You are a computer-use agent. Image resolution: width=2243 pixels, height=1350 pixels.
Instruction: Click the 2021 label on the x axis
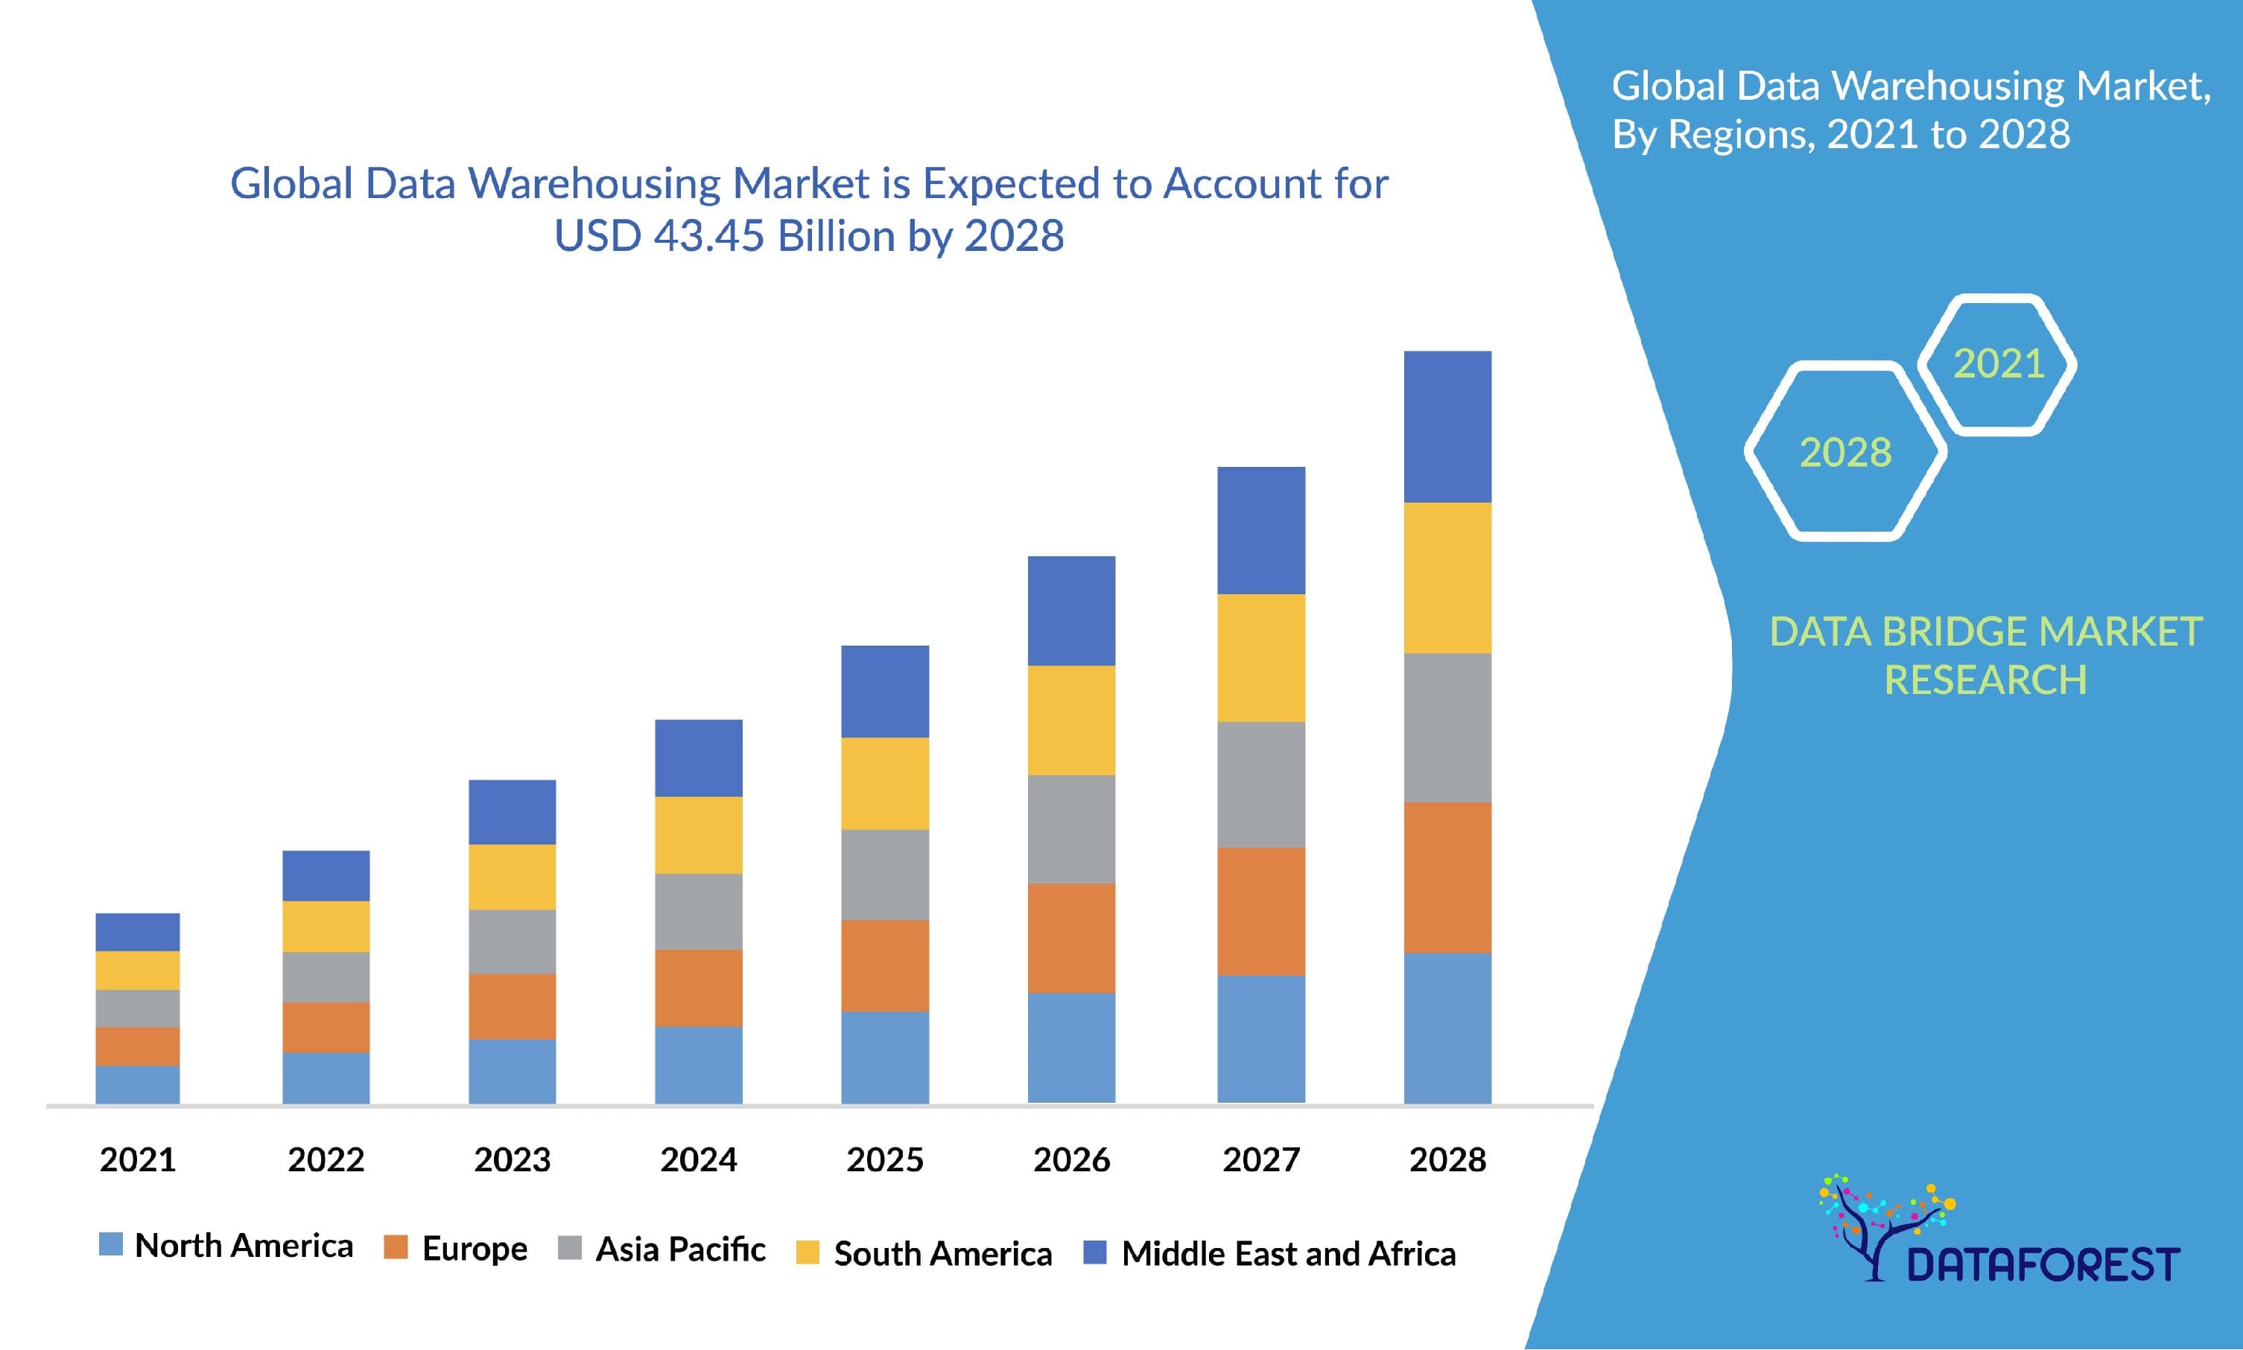point(137,1160)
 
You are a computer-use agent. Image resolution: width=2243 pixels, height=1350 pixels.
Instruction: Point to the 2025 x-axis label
point(884,1160)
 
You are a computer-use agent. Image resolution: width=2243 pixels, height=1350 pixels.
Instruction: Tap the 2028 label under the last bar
point(1447,1160)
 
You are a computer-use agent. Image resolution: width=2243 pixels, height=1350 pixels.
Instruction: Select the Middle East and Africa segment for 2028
point(1447,427)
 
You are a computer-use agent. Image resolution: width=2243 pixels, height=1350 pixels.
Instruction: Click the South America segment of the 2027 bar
point(1260,658)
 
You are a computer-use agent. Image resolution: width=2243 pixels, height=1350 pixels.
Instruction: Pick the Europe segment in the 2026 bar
point(1071,938)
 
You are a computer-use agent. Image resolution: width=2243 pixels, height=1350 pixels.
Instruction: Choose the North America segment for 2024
point(698,1064)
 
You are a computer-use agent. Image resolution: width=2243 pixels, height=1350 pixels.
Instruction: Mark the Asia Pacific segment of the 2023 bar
point(511,941)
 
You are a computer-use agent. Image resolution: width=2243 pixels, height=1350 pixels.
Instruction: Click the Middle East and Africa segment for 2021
point(137,932)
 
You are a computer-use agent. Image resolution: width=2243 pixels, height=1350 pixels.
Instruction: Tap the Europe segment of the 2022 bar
point(326,1027)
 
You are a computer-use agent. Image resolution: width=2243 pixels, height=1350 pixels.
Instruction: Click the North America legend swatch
point(110,1244)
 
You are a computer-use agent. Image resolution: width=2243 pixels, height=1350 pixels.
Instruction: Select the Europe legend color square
point(396,1246)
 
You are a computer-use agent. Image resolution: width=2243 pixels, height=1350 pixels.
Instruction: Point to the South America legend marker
point(807,1252)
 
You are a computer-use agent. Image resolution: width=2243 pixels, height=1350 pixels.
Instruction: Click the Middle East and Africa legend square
point(1094,1252)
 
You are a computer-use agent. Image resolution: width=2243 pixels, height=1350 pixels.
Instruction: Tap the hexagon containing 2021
point(1997,364)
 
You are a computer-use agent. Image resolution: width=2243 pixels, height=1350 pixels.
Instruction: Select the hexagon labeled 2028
point(1845,451)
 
